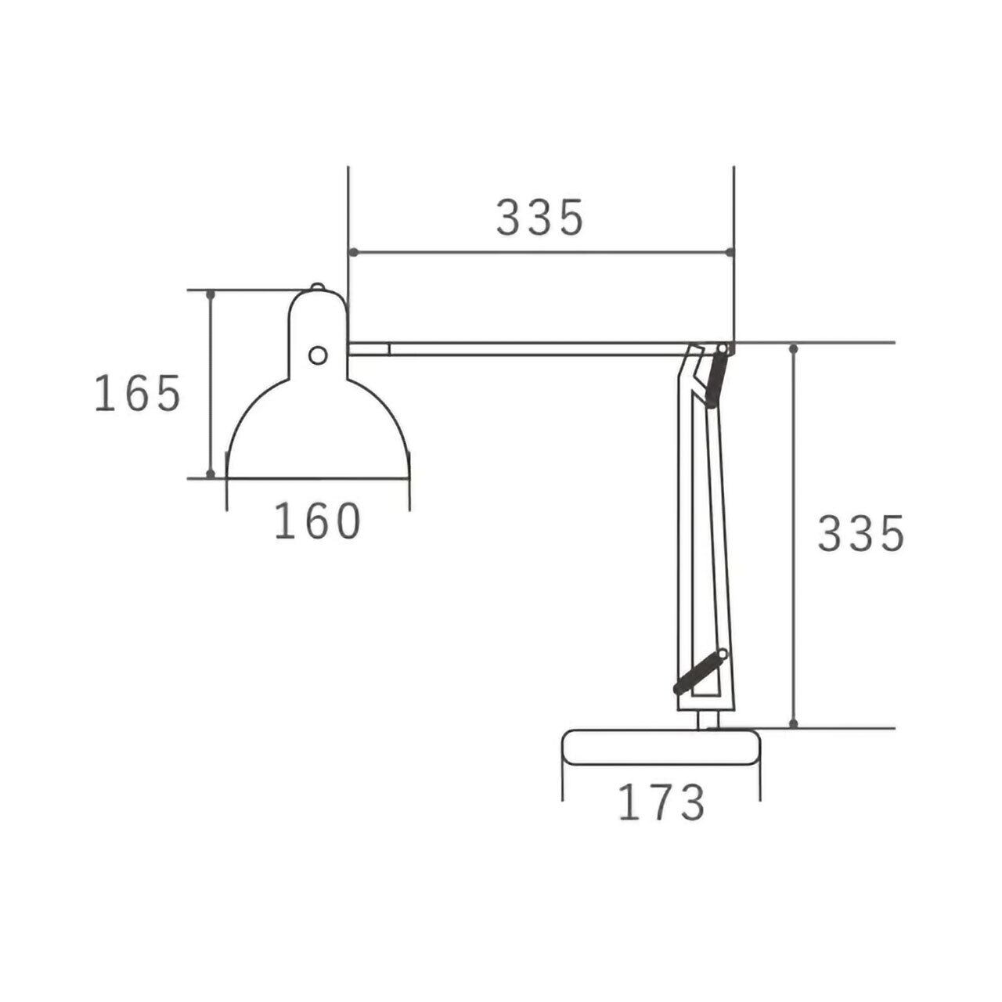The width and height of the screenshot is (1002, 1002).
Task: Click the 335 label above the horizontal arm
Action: (x=539, y=217)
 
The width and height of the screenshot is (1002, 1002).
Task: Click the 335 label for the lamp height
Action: (x=862, y=533)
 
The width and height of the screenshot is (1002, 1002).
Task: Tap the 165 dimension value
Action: (x=138, y=393)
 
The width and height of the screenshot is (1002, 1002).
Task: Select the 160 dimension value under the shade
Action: (x=317, y=521)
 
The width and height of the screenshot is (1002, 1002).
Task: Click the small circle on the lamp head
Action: (x=318, y=355)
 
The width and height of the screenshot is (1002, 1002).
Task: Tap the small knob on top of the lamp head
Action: (x=317, y=287)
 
